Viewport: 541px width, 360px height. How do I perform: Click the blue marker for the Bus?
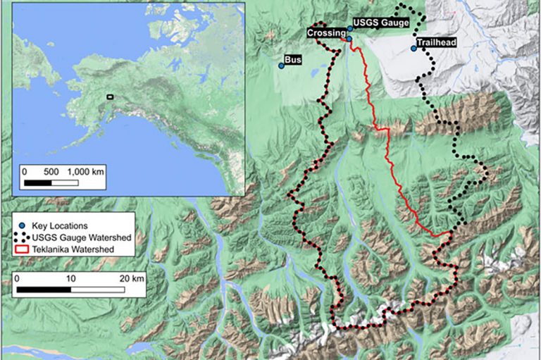[x=281, y=66]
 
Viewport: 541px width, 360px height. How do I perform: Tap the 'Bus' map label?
[x=293, y=61]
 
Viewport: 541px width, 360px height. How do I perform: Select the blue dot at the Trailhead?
[x=413, y=49]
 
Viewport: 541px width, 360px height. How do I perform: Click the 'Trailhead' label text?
[x=436, y=43]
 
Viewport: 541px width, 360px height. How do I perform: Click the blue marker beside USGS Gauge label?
[x=350, y=29]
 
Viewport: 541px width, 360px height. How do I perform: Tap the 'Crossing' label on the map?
[x=326, y=33]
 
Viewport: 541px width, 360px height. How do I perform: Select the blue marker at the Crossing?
[x=349, y=39]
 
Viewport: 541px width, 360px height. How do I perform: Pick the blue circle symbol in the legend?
[x=22, y=225]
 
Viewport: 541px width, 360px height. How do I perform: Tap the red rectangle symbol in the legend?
[x=22, y=249]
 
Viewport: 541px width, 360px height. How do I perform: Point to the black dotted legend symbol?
[x=22, y=237]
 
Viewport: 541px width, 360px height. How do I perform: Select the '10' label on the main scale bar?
[x=70, y=278]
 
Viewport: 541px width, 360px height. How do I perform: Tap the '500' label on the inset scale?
[x=51, y=171]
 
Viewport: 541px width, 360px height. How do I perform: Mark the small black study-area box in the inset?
[x=110, y=96]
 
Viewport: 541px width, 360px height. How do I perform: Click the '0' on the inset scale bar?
[x=25, y=171]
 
